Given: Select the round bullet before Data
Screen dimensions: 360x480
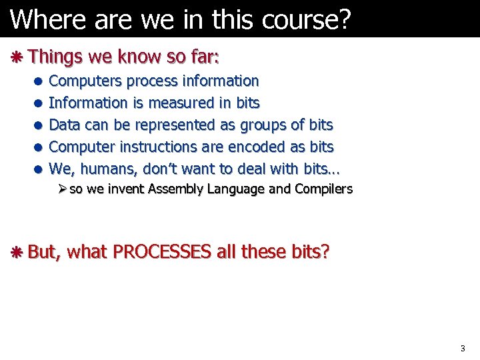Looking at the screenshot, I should tap(39, 125).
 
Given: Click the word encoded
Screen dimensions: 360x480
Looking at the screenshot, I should tap(260, 146).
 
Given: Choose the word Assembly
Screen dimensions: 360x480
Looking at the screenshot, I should tap(176, 189).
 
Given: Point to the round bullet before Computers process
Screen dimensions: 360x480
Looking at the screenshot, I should tap(39, 82).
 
